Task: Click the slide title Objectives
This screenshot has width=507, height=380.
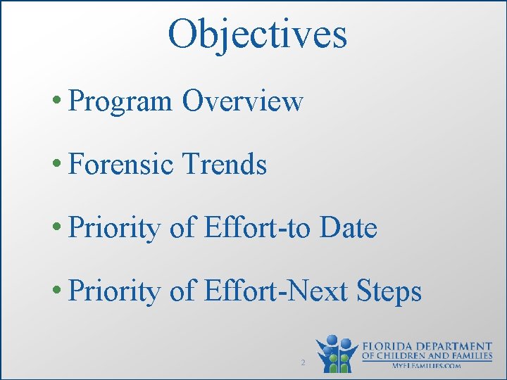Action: (x=257, y=33)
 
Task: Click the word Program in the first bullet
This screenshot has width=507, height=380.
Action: (x=121, y=102)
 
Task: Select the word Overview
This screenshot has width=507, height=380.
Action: (x=242, y=101)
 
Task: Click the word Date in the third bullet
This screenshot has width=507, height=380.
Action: (x=349, y=227)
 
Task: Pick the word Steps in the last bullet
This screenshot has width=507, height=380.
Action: (x=389, y=291)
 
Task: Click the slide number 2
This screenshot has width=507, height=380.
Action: (x=302, y=362)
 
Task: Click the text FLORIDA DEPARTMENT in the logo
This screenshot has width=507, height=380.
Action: (x=427, y=346)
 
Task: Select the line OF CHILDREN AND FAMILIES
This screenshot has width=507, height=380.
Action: (x=427, y=356)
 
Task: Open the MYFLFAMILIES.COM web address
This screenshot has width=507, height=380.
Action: (x=427, y=366)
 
